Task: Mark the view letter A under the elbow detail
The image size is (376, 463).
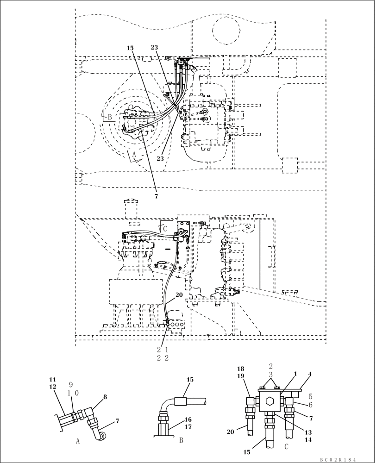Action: [77, 441]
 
